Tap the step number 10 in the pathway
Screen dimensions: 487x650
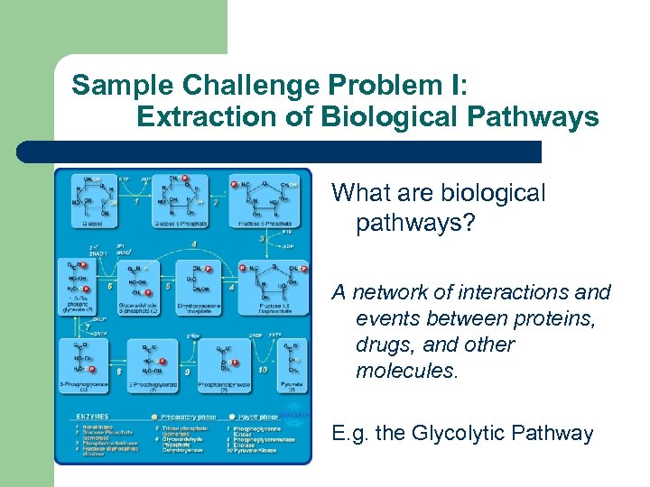click(263, 370)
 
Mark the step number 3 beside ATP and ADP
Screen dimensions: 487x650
click(263, 239)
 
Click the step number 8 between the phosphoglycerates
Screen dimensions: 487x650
click(119, 371)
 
